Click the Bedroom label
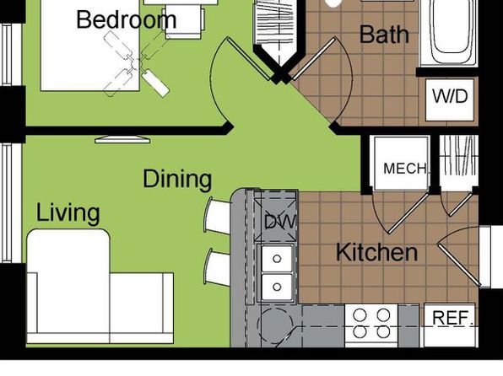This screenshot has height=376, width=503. [x=127, y=19]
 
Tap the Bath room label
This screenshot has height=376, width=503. [x=384, y=34]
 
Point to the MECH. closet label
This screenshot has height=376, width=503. [x=405, y=169]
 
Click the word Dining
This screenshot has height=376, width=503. [x=177, y=179]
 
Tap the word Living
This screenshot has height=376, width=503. [x=68, y=212]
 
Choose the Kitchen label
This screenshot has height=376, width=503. [x=376, y=252]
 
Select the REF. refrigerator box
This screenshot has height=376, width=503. [x=450, y=325]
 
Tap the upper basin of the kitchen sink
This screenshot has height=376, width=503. [x=277, y=258]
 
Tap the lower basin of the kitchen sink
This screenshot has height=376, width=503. [x=277, y=287]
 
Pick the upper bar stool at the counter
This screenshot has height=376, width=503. [x=218, y=215]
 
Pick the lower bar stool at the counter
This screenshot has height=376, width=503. [x=217, y=267]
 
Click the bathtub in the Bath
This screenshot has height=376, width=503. [x=449, y=32]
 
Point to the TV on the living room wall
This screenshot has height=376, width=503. [x=122, y=139]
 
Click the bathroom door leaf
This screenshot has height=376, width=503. [x=314, y=59]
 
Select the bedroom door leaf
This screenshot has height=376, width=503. [x=249, y=58]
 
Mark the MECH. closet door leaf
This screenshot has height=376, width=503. [x=408, y=212]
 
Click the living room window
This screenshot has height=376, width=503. [x=7, y=203]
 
